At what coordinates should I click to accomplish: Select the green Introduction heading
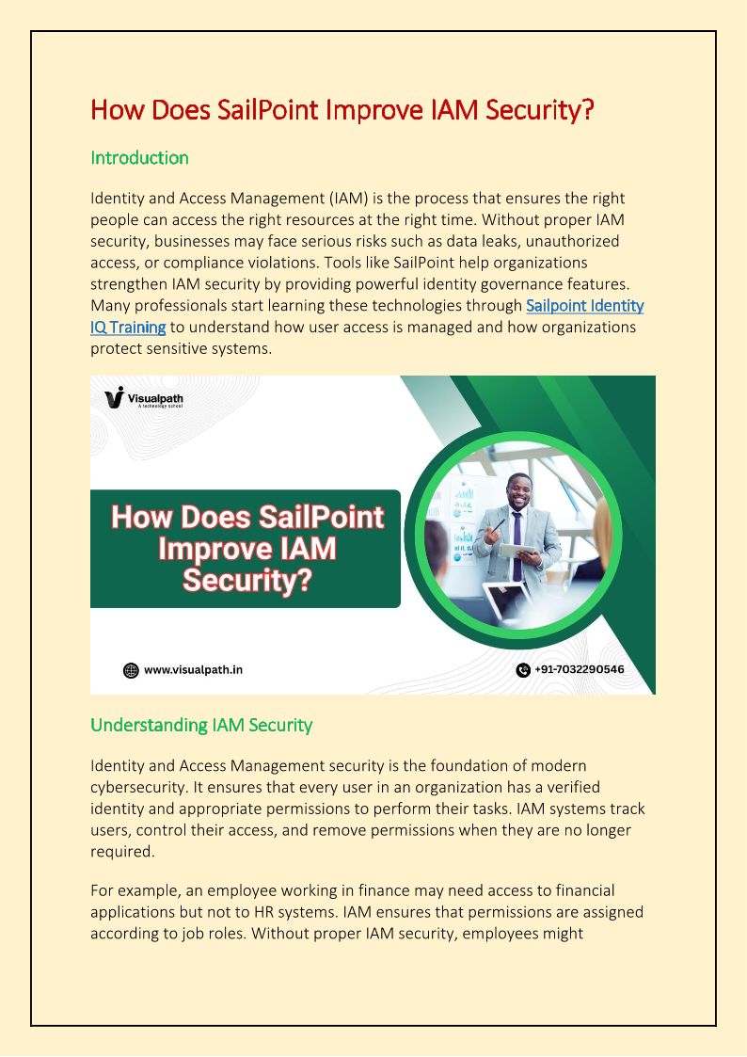[139, 158]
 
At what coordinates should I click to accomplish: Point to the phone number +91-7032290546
[579, 670]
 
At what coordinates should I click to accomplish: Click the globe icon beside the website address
[131, 670]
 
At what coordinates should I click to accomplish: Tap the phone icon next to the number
[523, 670]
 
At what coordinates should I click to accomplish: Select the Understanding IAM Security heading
[201, 726]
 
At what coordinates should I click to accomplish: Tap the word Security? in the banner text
[247, 580]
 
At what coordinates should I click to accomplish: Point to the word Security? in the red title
[540, 110]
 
